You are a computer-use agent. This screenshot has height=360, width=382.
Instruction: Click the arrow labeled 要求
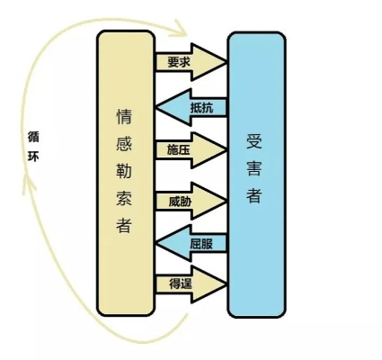coord(191,62)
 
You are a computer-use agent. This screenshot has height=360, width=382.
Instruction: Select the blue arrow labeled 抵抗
coord(191,107)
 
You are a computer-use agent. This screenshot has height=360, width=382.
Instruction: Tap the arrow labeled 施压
coord(191,150)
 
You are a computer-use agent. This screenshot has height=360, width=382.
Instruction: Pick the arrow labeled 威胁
coord(191,202)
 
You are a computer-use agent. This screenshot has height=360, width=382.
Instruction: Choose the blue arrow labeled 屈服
coord(191,243)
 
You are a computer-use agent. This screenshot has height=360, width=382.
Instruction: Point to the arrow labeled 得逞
coord(191,283)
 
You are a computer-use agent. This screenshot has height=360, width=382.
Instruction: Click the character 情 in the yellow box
coord(124,116)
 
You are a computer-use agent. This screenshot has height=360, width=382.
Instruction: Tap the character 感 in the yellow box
coord(124,143)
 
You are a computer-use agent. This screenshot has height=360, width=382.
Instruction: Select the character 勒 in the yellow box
coord(124,171)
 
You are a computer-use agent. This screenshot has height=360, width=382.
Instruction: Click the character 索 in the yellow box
coord(124,197)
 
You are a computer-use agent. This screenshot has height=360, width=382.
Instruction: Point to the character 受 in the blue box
coord(254,141)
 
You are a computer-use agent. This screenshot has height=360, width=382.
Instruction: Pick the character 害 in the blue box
coord(254,168)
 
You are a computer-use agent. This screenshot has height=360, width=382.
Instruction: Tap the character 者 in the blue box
coord(254,195)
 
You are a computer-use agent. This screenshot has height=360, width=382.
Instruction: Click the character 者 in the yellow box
coord(124,225)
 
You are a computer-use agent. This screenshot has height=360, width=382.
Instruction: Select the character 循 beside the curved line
coord(33,137)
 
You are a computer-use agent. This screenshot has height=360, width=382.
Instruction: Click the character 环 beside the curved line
coord(33,157)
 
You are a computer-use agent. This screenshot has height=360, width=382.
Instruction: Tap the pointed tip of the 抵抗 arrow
coord(155,107)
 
